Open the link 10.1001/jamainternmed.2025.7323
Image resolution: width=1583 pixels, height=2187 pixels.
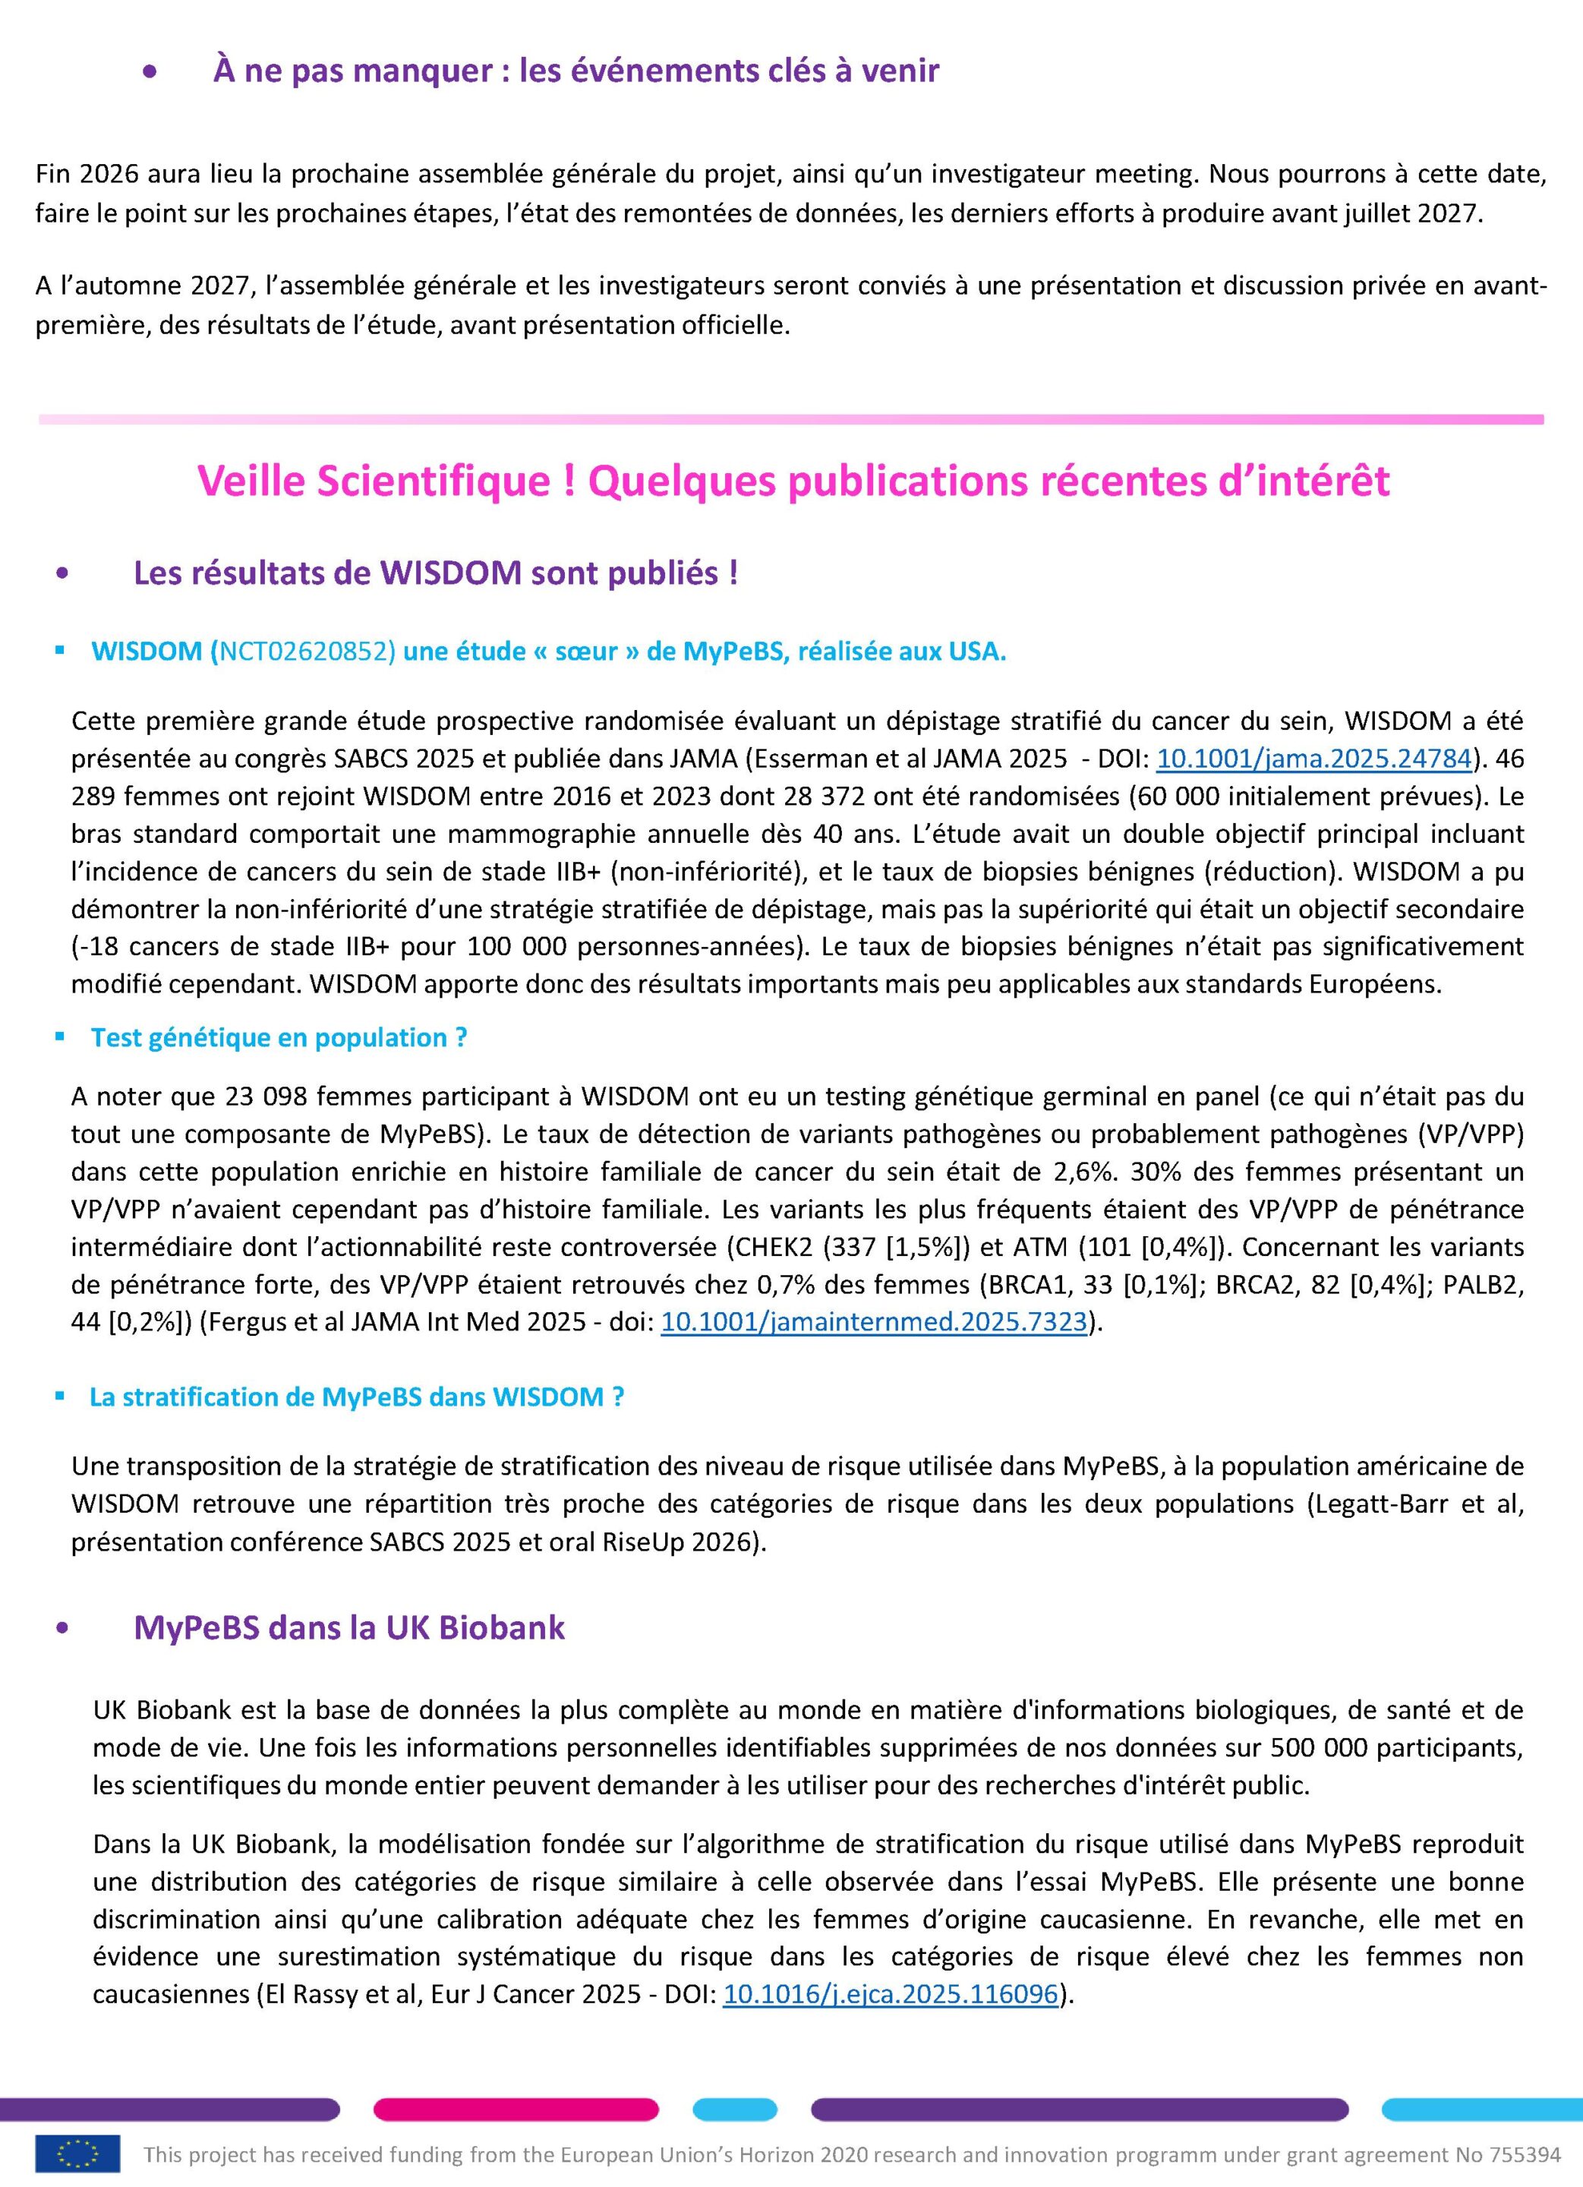(873, 1323)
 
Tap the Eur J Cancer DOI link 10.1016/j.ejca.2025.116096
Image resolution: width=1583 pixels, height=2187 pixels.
(891, 1993)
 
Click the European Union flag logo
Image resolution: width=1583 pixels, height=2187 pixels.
(78, 2154)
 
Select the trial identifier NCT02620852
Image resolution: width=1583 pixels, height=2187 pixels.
(307, 652)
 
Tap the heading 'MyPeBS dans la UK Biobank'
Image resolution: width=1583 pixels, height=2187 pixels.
(349, 1627)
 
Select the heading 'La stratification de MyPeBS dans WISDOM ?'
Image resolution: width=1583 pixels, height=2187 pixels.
(357, 1396)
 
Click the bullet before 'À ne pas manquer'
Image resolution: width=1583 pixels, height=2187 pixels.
(150, 71)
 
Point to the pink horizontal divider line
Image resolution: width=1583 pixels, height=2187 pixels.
(790, 419)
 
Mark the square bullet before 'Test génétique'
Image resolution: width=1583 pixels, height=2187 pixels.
(61, 1037)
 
